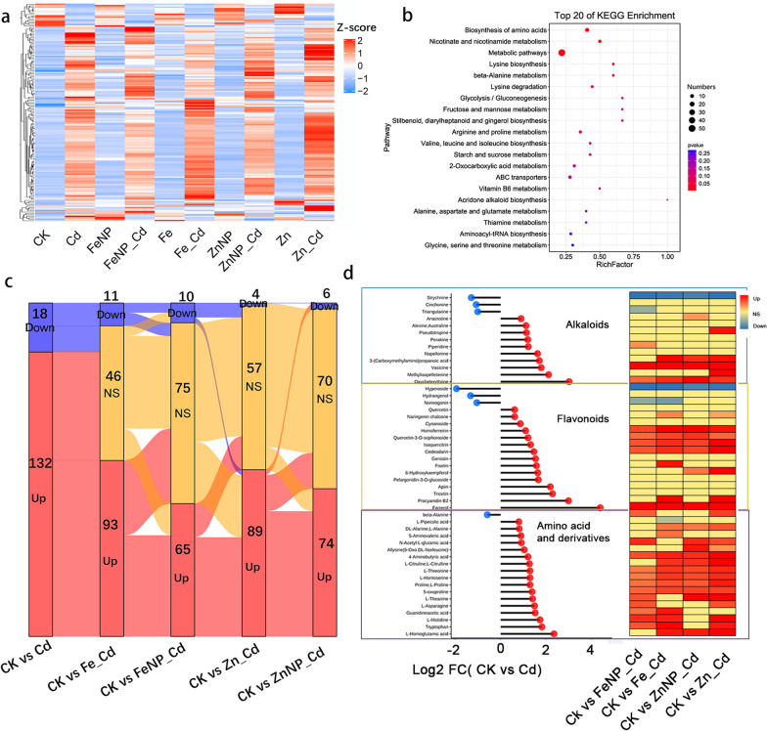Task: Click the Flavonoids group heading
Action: tap(553, 431)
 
